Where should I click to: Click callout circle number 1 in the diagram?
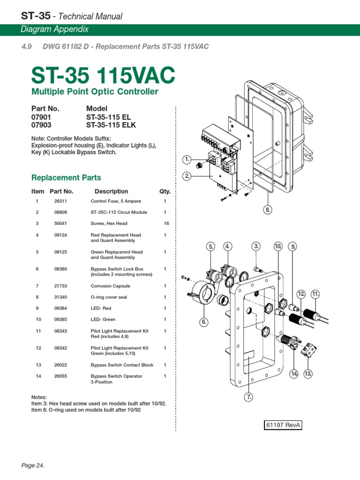[x=187, y=160]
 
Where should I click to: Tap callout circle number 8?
[x=268, y=210]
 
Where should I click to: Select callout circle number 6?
[x=204, y=322]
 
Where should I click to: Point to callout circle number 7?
[x=248, y=397]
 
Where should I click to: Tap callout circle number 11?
[x=315, y=294]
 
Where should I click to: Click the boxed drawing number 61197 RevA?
[x=283, y=425]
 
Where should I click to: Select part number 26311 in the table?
[x=61, y=201]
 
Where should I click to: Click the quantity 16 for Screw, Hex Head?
[x=166, y=224]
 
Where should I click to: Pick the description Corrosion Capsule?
[x=110, y=286]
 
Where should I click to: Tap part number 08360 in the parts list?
[x=61, y=269]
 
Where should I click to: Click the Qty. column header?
[x=165, y=191]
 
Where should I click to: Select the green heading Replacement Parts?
[x=66, y=178]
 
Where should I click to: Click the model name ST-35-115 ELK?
[x=114, y=125]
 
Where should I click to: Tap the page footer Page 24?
[x=33, y=465]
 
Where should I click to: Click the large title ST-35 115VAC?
[x=103, y=75]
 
